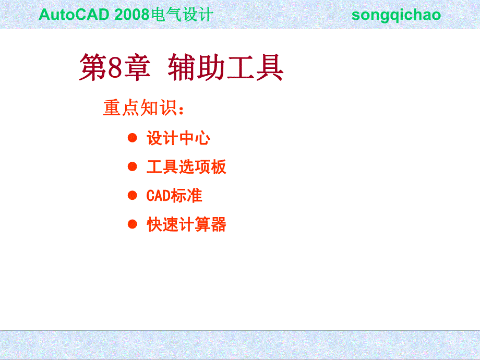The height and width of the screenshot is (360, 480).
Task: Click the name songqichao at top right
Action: pyautogui.click(x=396, y=15)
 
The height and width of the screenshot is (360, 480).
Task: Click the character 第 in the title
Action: pyautogui.click(x=92, y=68)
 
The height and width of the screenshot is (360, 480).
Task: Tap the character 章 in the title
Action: pyautogui.click(x=137, y=68)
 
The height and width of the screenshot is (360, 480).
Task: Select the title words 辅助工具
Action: pyautogui.click(x=225, y=68)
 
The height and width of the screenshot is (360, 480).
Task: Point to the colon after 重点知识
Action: pyautogui.click(x=181, y=110)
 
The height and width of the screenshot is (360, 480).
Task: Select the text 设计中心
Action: pyautogui.click(x=178, y=139)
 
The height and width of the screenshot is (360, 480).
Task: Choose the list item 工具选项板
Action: pyautogui.click(x=186, y=167)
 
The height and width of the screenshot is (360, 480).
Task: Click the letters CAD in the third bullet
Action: pyautogui.click(x=158, y=196)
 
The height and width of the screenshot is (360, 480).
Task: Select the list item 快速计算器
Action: pyautogui.click(x=186, y=225)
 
